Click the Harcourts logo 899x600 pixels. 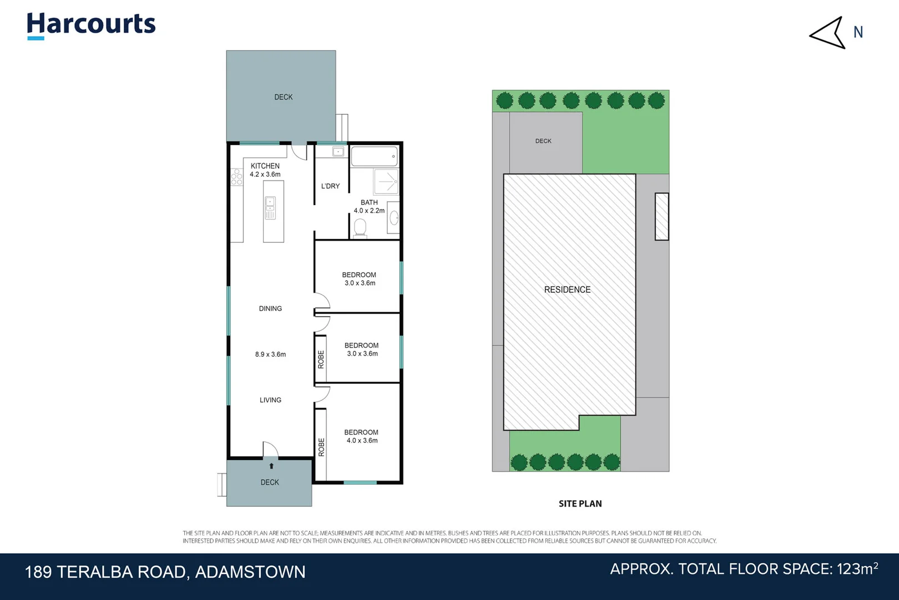point(92,26)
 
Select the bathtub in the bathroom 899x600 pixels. point(374,156)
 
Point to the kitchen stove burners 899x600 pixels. point(236,177)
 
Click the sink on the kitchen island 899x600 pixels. point(270,208)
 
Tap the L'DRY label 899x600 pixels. point(330,186)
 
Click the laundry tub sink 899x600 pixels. point(338,152)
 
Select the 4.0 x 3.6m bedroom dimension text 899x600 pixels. point(362,441)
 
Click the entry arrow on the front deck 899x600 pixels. point(271,466)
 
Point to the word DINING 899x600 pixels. point(270,308)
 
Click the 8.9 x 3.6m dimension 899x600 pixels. point(270,354)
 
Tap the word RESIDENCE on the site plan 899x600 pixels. point(567,289)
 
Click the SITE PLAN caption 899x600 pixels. point(580,503)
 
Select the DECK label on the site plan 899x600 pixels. point(543,141)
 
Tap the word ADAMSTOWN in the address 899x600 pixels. point(250,572)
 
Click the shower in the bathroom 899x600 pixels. point(386,181)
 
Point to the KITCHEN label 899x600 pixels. point(265,166)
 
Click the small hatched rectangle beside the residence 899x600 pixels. point(661,217)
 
